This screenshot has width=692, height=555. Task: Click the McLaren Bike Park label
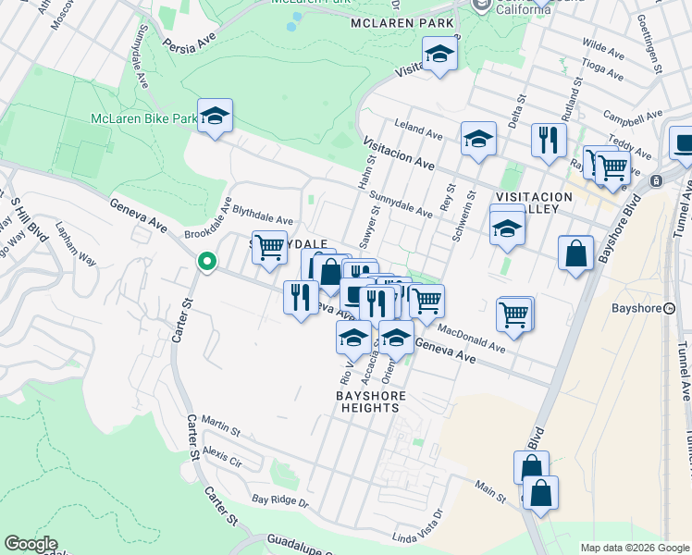click(143, 118)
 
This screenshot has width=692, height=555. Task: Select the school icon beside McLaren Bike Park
click(215, 117)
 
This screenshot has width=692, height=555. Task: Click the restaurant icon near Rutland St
click(549, 140)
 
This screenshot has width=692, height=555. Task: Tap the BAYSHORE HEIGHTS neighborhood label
click(370, 403)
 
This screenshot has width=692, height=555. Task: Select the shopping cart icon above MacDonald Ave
click(515, 314)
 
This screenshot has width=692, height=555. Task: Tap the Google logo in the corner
click(31, 544)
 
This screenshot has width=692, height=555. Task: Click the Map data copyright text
click(634, 548)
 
